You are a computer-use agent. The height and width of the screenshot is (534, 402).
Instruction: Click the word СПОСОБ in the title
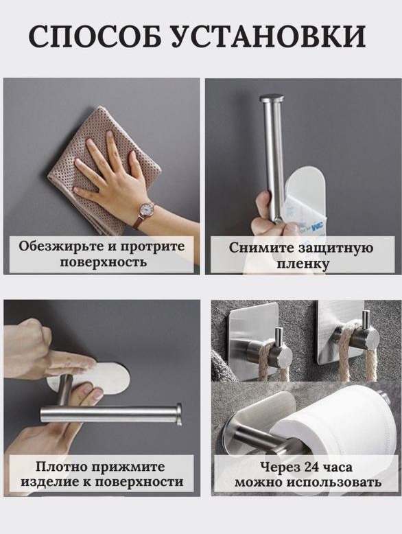coord(95,36)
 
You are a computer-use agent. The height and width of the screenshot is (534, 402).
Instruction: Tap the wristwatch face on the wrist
coord(146,209)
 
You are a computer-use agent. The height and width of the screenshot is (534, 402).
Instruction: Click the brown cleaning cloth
coord(102,170)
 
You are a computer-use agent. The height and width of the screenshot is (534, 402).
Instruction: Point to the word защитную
coord(335,248)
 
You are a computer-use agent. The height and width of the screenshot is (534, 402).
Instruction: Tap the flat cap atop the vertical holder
coord(272,99)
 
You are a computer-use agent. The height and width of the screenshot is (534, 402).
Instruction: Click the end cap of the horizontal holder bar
coord(178,415)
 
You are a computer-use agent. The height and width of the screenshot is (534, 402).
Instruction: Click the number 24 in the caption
coord(305,467)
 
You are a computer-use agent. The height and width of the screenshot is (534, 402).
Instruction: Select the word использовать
coord(333,483)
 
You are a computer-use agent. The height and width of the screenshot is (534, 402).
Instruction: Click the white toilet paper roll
coord(337,426)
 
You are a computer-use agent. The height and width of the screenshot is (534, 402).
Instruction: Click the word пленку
coord(303,264)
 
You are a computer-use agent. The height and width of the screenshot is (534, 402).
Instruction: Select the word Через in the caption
coord(274,467)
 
